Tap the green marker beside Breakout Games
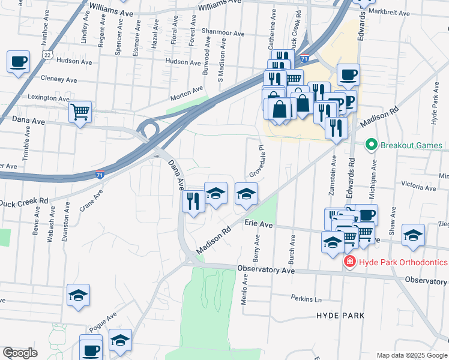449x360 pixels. (371, 145)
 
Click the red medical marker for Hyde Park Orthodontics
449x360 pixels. (349, 262)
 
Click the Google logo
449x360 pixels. (20, 353)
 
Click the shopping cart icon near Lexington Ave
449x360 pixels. (80, 111)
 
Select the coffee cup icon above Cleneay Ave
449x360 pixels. (18, 61)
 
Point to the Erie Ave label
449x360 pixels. (259, 224)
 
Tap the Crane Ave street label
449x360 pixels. (91, 200)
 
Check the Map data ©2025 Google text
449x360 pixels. (412, 355)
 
